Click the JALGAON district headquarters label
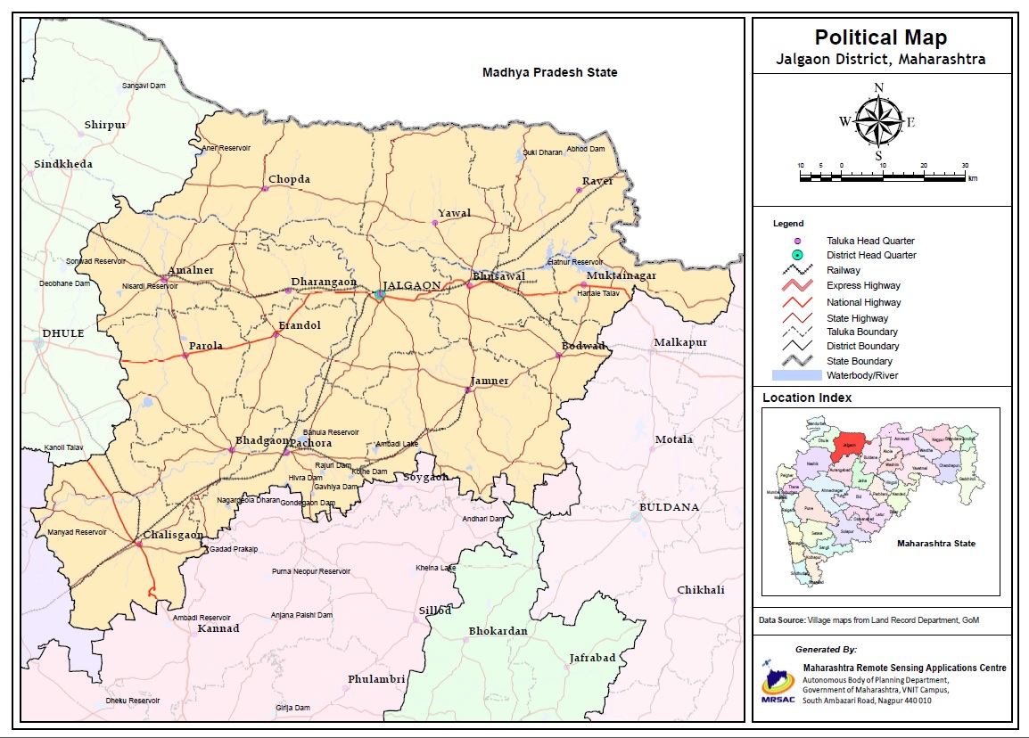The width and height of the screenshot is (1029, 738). tap(411, 284)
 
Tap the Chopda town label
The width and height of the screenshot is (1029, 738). tap(289, 179)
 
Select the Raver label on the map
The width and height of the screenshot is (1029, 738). tap(597, 181)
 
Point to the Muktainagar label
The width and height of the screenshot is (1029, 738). tap(621, 275)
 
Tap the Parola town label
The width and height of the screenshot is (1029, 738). tap(206, 346)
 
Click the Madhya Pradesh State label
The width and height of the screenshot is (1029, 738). tap(549, 72)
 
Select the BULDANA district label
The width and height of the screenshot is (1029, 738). tap(669, 506)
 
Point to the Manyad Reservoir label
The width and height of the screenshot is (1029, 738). tap(77, 532)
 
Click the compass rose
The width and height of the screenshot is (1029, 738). tap(878, 120)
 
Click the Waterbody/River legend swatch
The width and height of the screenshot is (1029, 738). tap(797, 375)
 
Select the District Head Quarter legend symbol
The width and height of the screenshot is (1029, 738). tap(798, 255)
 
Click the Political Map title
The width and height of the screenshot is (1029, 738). tap(881, 37)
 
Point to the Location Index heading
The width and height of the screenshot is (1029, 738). tap(806, 398)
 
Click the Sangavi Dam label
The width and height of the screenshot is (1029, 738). tap(144, 86)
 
